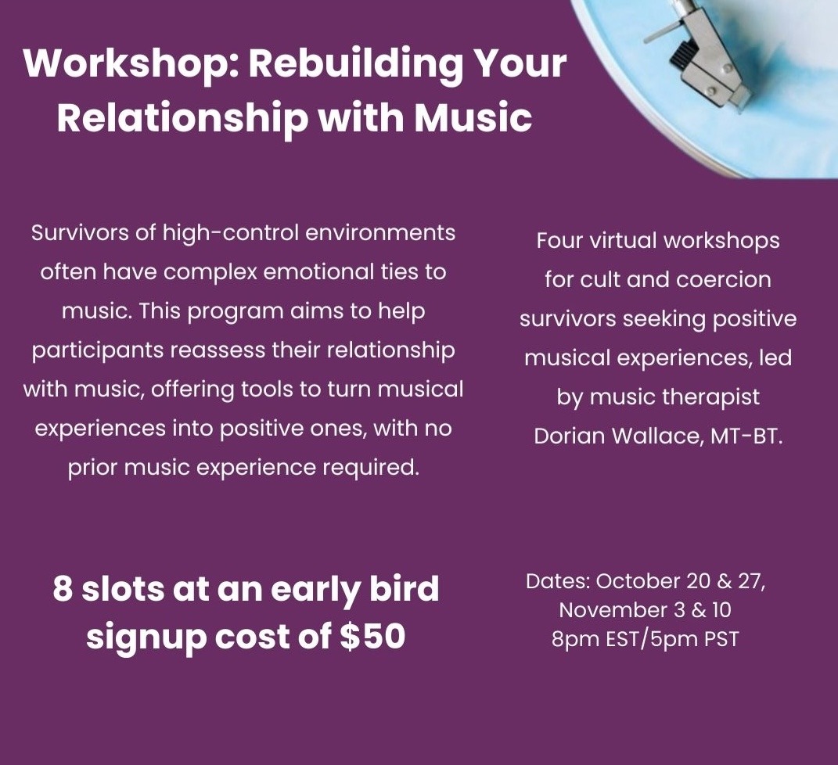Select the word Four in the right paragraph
click(559, 241)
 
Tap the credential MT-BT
click(746, 436)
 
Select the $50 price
click(372, 636)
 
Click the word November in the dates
click(613, 610)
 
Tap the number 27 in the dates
click(750, 582)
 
